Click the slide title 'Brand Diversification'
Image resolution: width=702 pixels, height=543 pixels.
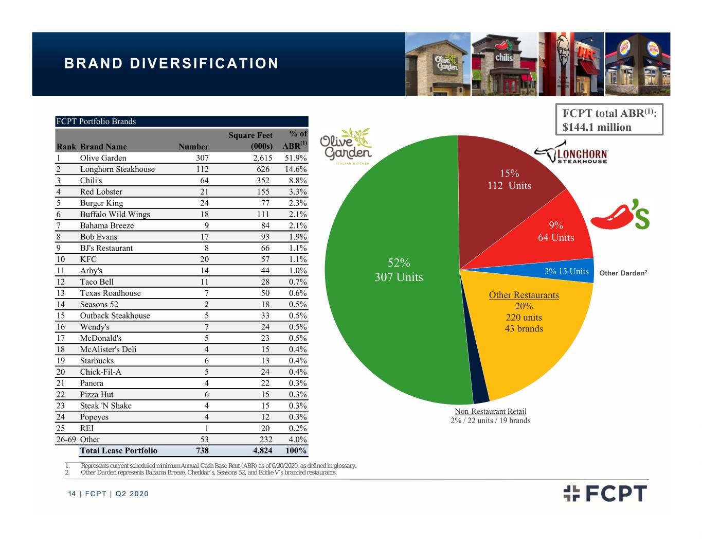pyautogui.click(x=171, y=63)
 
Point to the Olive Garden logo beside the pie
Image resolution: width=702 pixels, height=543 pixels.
pyautogui.click(x=346, y=146)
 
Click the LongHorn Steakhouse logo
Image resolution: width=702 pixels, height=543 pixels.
pyautogui.click(x=571, y=152)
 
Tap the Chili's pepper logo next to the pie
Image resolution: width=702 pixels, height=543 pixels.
pyautogui.click(x=620, y=214)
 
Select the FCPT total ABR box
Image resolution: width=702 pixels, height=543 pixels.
pyautogui.click(x=609, y=119)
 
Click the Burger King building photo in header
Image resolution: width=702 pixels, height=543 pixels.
pyautogui.click(x=637, y=64)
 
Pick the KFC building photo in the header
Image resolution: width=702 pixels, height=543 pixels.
pyautogui.click(x=571, y=64)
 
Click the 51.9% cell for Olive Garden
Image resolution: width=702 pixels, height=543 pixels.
pyautogui.click(x=295, y=158)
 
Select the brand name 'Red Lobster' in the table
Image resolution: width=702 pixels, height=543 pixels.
pyautogui.click(x=101, y=191)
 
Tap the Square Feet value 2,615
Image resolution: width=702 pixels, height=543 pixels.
pyautogui.click(x=262, y=158)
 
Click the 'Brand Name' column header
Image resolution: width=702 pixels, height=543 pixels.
pyautogui.click(x=103, y=147)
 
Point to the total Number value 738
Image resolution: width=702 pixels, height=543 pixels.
pyautogui.click(x=202, y=450)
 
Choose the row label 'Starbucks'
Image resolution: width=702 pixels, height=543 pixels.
pyautogui.click(x=97, y=361)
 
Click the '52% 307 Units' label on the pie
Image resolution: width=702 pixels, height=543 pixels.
pyautogui.click(x=399, y=270)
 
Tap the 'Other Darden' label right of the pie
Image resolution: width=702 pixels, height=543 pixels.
pyautogui.click(x=623, y=273)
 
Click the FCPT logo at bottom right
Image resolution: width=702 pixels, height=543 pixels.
pyautogui.click(x=605, y=494)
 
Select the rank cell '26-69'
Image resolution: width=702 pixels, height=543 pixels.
pyautogui.click(x=66, y=440)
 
